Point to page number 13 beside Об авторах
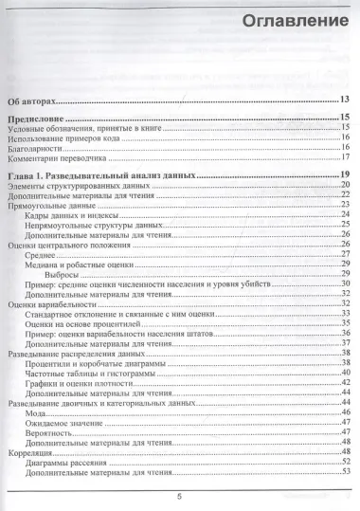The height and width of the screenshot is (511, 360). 347,99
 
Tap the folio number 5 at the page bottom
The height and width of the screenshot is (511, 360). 178,497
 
